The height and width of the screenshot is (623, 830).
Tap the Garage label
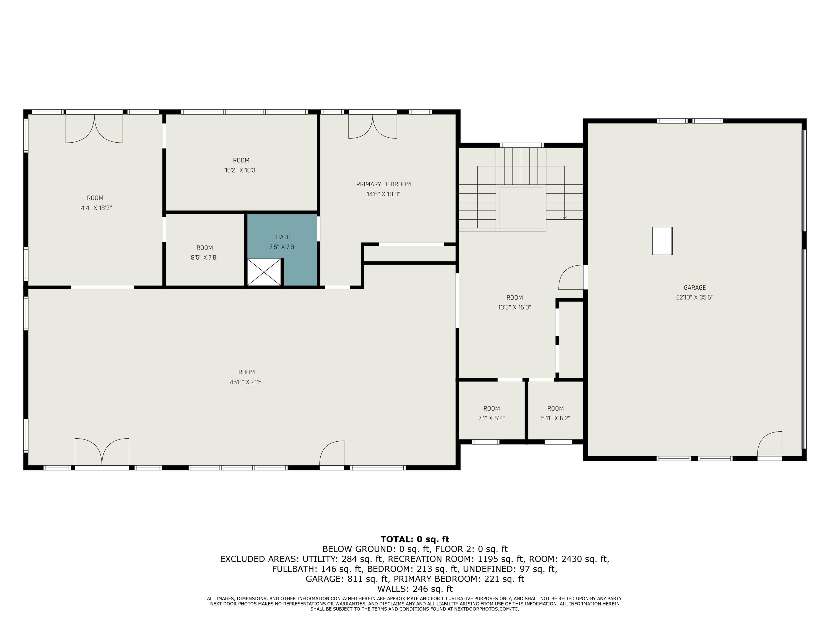pyautogui.click(x=694, y=288)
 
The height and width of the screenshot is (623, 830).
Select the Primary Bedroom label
pyautogui.click(x=383, y=184)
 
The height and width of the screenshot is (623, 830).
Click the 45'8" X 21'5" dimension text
pyautogui.click(x=247, y=382)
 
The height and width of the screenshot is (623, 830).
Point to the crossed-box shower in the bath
pyautogui.click(x=264, y=272)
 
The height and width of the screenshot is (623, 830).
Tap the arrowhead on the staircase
pyautogui.click(x=564, y=217)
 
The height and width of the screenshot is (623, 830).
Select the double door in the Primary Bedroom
pyautogui.click(x=373, y=126)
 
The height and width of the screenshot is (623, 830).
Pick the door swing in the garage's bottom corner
pyautogui.click(x=770, y=445)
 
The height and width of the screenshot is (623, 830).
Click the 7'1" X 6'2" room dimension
pyautogui.click(x=492, y=418)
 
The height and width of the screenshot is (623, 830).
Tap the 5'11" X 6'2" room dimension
pyautogui.click(x=555, y=418)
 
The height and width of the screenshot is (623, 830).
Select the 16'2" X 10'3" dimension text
pyautogui.click(x=241, y=171)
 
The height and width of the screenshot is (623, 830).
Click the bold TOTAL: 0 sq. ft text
pyautogui.click(x=415, y=539)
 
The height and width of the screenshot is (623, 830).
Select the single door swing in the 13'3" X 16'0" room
pyautogui.click(x=571, y=277)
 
